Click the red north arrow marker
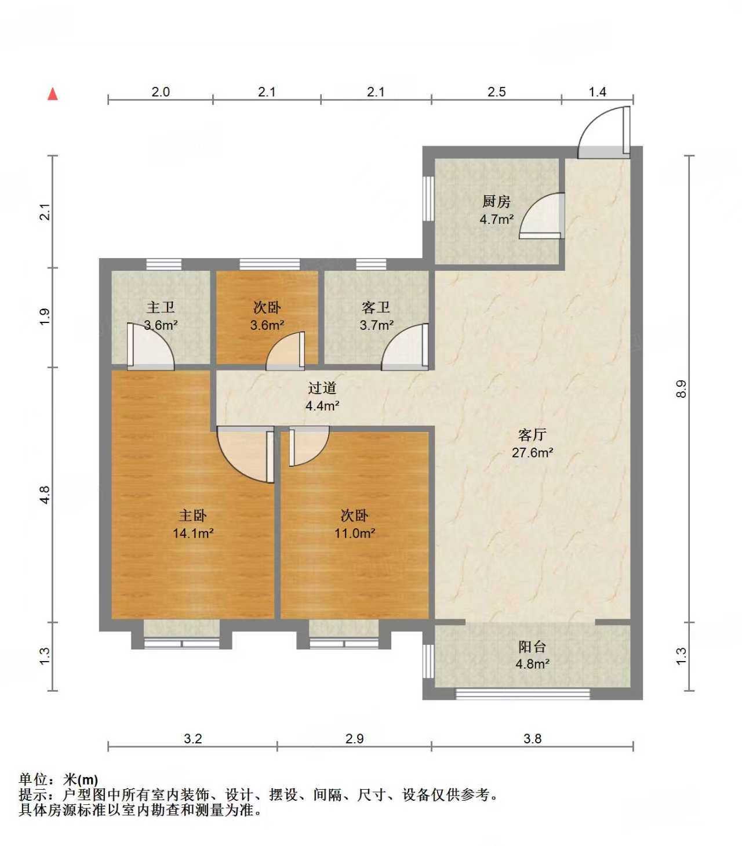coord(53,94)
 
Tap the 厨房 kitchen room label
coord(496,202)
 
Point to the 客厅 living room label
coord(532,435)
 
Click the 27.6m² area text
coord(532,452)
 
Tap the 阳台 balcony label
coord(532,647)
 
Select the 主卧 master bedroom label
coord(192,515)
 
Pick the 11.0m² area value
coord(354,533)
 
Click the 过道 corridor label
coord(322,388)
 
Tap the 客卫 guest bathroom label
coord(376,307)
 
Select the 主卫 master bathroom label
coord(161,307)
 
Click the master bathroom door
coord(150,346)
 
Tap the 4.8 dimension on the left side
coord(46,494)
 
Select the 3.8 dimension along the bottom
coord(532,739)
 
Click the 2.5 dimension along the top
coord(496,92)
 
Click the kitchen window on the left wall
coord(428,198)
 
